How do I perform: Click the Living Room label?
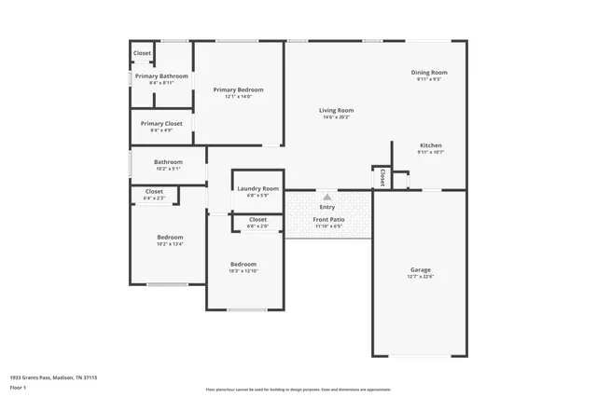336,110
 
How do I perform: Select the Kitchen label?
430,145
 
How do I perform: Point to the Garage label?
421,270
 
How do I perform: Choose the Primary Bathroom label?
161,76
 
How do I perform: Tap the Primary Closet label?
161,123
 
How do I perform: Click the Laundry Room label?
257,188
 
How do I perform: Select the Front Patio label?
328,220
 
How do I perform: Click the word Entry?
327,207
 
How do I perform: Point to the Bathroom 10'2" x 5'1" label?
168,161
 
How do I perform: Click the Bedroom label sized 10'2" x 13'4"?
170,237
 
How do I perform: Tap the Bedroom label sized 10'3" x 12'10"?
243,264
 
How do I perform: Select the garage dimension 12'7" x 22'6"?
421,277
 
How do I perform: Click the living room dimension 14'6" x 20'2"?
336,117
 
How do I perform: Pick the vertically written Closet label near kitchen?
382,177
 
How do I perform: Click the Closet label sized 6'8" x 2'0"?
257,220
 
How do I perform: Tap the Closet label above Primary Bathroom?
142,53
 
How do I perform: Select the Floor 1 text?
18,386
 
